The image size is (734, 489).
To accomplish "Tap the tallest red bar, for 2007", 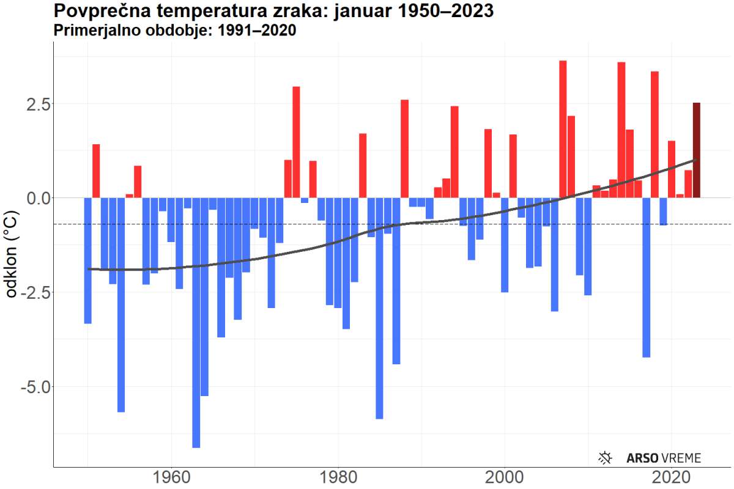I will point(563,129).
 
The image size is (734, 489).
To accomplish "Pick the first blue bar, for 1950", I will point(88,260).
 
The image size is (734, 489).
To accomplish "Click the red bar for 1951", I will point(96,171).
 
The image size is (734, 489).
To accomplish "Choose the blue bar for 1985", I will point(379,308).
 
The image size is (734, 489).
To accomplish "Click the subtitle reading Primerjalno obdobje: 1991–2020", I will point(175,31).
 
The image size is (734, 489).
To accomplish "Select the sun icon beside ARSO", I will point(606,457).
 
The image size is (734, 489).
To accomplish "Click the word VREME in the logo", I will point(680,458).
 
